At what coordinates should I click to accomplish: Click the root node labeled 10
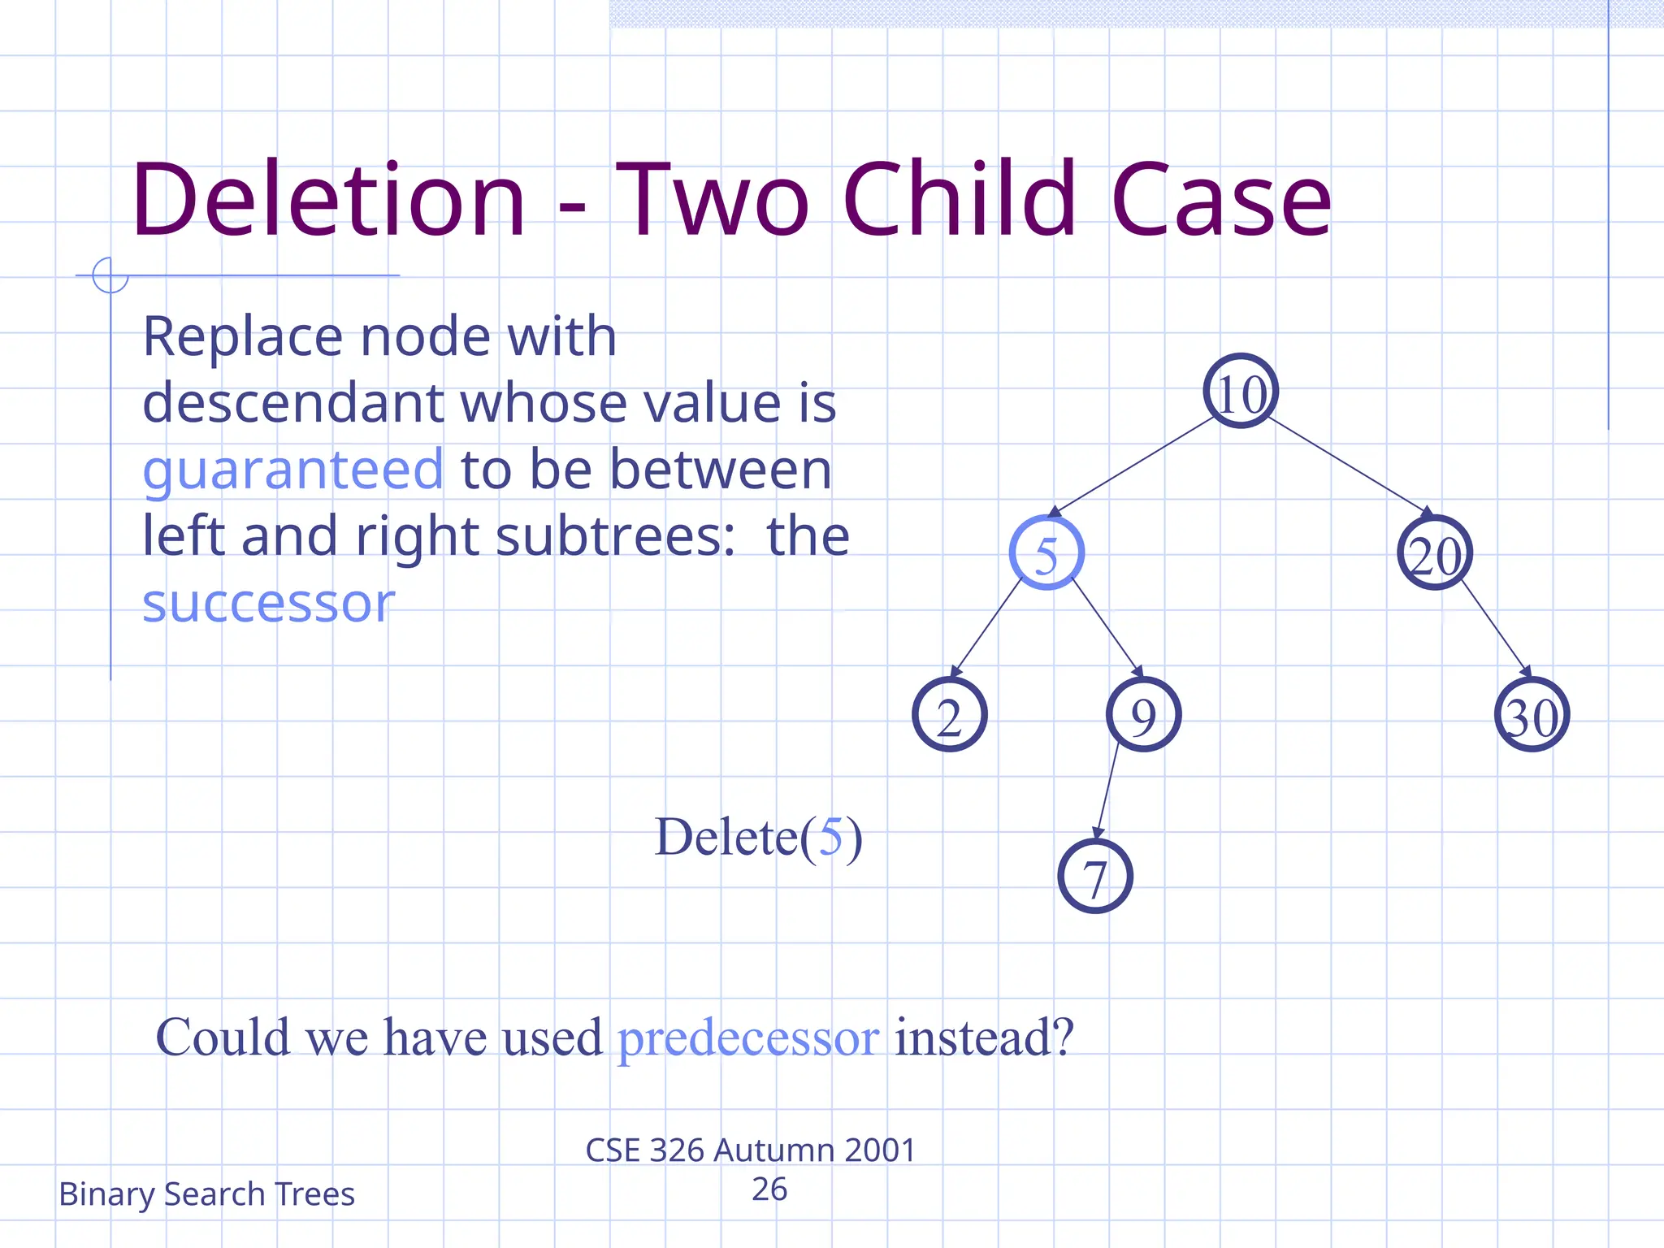coord(1241,392)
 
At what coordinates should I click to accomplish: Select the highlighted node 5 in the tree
coord(1046,553)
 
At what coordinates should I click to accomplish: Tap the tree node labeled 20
coord(1435,553)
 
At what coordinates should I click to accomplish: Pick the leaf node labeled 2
coord(949,715)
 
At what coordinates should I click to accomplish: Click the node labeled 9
coord(1143,715)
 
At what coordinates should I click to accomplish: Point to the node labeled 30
coord(1532,715)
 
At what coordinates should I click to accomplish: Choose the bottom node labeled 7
coord(1095,877)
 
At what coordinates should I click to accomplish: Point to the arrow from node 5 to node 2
coord(986,627)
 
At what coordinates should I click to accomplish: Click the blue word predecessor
coord(747,1038)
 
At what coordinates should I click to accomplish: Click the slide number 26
coord(769,1189)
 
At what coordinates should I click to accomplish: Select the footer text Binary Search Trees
coord(206,1194)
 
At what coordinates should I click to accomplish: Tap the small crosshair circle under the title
coord(110,275)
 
